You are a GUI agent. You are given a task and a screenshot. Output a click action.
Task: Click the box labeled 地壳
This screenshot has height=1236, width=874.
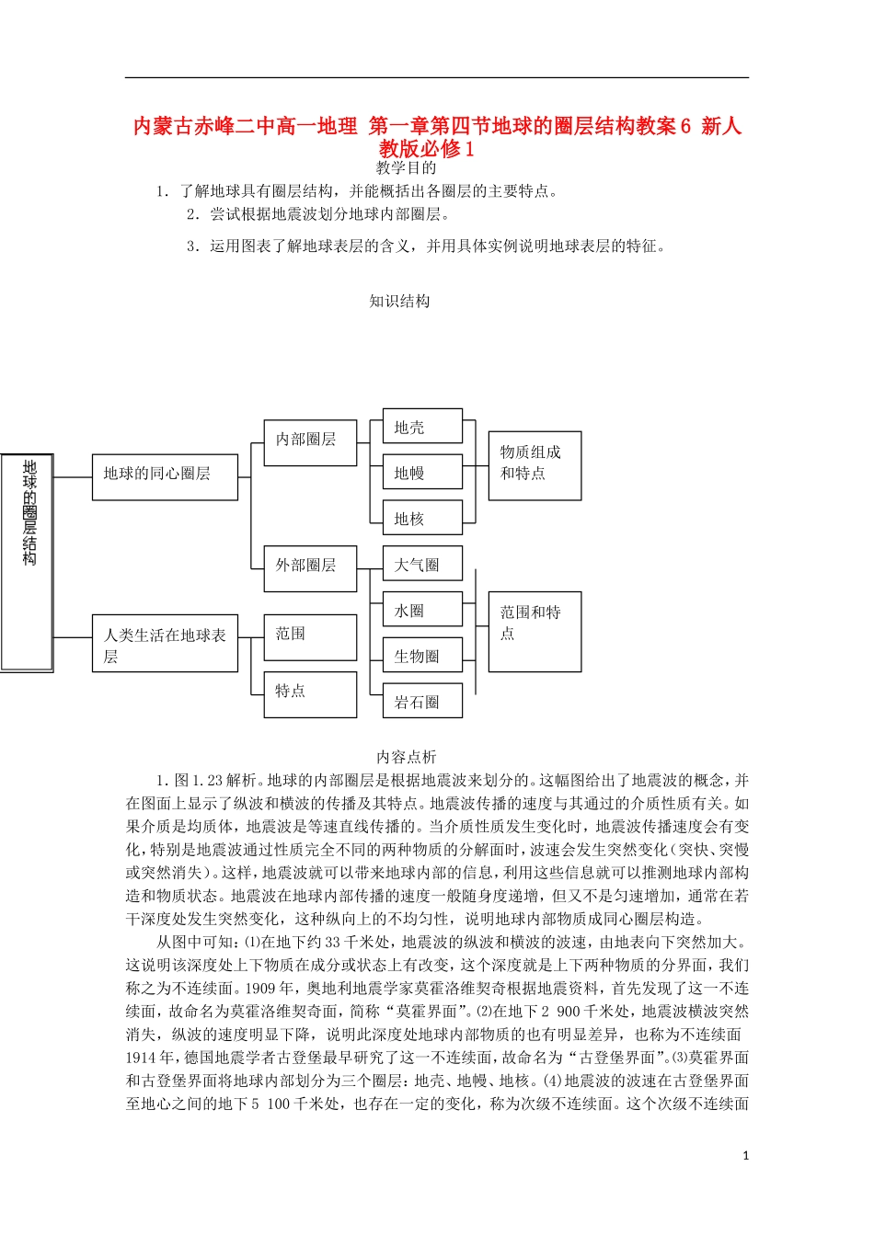(x=422, y=428)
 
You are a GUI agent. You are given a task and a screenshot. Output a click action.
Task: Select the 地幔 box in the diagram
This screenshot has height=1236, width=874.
(x=422, y=473)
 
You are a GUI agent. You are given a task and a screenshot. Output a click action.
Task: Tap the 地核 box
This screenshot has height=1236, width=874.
(x=422, y=519)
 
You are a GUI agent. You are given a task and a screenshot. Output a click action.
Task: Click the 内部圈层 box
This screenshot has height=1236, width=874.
(x=310, y=442)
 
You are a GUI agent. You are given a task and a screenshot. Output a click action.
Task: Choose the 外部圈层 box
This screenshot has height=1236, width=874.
(x=310, y=567)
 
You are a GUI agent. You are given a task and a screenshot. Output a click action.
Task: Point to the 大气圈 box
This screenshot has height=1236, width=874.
(x=422, y=565)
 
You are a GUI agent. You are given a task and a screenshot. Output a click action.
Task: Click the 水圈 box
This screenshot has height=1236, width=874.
(x=422, y=611)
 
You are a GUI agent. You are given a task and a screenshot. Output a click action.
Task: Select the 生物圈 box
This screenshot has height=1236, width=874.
(x=422, y=657)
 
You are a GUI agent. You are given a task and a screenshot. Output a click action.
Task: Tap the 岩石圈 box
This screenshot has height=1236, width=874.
(x=422, y=703)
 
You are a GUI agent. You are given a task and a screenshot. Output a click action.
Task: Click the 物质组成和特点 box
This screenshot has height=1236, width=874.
(x=535, y=465)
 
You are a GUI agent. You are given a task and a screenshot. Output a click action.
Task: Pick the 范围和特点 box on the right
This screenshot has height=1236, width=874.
(x=535, y=631)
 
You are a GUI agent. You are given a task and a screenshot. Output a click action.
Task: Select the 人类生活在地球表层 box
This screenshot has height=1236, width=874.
(x=165, y=644)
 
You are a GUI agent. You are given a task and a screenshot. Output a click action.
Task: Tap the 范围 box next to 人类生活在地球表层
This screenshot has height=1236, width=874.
(x=310, y=637)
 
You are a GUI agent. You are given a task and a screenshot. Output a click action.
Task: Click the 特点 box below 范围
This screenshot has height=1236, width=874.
(x=310, y=694)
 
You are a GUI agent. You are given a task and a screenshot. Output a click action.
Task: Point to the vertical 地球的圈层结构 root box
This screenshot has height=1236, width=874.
(x=28, y=561)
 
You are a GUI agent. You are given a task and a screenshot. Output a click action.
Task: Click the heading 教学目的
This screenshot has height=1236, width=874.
(x=406, y=168)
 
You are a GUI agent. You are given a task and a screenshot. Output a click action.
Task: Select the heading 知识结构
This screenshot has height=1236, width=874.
(x=399, y=302)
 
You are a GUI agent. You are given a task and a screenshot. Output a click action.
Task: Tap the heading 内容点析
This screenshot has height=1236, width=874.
(x=406, y=757)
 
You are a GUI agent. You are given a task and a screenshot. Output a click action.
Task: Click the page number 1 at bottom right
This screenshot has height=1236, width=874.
(x=745, y=1156)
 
